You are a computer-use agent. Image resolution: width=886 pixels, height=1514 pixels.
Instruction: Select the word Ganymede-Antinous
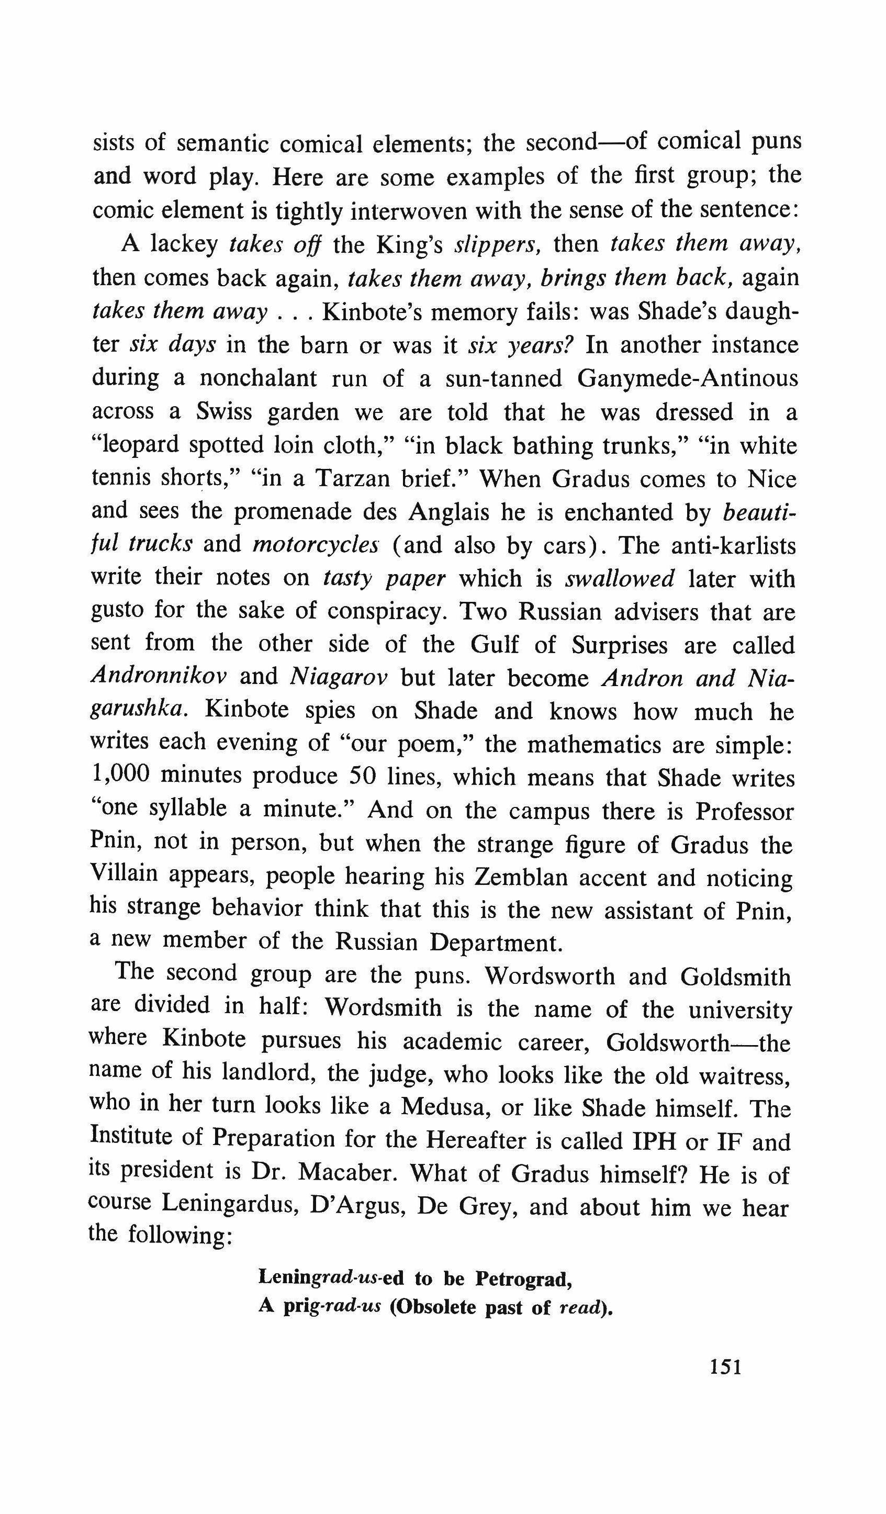687,378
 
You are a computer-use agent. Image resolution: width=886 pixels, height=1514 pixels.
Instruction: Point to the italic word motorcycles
316,544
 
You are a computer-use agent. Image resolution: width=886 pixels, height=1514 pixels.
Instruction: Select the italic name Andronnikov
159,677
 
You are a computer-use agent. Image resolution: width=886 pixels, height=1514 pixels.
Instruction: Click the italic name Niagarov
338,677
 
